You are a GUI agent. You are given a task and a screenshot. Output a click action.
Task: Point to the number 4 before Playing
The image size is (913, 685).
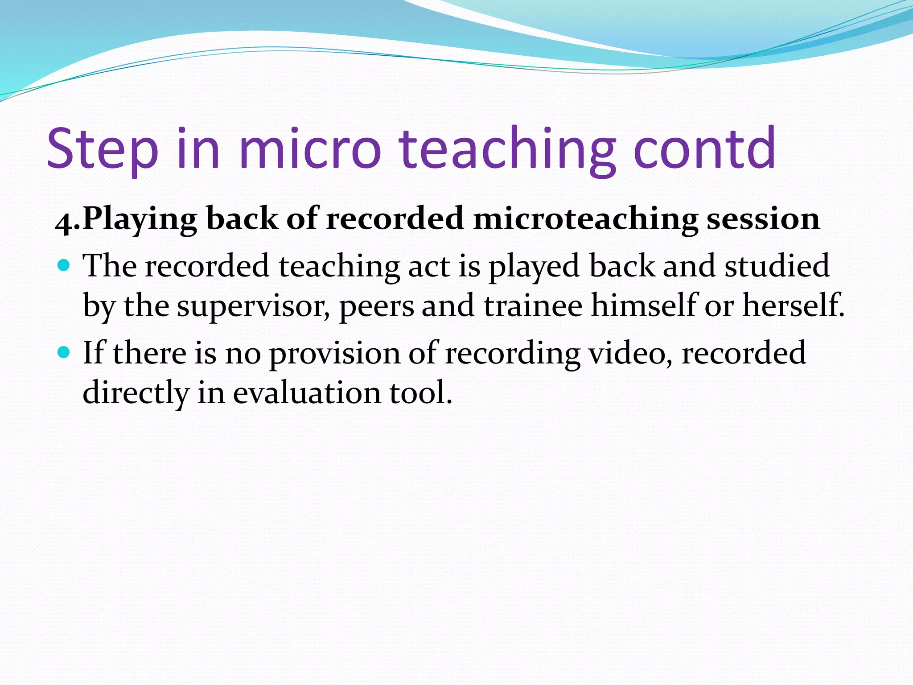(x=63, y=222)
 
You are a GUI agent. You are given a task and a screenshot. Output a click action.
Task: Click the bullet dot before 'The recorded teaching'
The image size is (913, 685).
(x=65, y=266)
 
